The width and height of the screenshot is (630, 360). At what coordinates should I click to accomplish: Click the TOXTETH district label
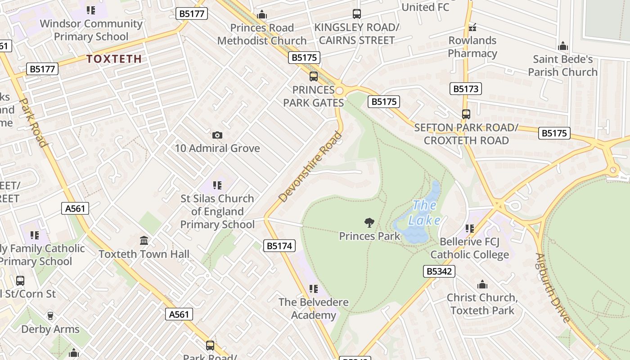(114, 58)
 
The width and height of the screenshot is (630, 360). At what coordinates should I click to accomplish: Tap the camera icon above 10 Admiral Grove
(217, 135)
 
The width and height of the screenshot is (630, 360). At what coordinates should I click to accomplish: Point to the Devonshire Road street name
(310, 166)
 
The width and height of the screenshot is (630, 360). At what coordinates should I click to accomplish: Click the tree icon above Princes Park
(369, 222)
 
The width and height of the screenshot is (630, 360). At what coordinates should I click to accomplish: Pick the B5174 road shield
(279, 246)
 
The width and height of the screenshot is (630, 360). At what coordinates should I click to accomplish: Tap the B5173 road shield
(465, 89)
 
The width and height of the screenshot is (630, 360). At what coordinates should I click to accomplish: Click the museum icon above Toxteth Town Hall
(144, 241)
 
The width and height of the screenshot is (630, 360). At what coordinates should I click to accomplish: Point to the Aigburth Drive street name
(553, 288)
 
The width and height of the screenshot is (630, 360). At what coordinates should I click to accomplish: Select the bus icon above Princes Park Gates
(314, 76)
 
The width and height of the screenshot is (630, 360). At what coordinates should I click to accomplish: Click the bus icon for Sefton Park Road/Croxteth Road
(466, 114)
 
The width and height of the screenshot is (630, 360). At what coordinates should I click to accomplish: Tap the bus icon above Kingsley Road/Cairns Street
(357, 14)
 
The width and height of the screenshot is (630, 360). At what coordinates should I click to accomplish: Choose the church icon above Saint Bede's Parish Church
(562, 46)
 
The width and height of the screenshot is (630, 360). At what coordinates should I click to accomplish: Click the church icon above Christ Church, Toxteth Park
(482, 284)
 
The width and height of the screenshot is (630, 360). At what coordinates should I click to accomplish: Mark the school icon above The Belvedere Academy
(314, 289)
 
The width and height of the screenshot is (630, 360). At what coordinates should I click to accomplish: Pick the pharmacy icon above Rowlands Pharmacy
(472, 27)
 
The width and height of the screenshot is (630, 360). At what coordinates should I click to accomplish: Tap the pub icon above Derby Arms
(50, 316)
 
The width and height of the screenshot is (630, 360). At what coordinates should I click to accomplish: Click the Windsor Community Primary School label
(91, 30)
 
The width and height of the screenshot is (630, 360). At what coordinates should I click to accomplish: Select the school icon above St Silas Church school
(217, 185)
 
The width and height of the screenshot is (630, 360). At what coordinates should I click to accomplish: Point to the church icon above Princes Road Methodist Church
(262, 15)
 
